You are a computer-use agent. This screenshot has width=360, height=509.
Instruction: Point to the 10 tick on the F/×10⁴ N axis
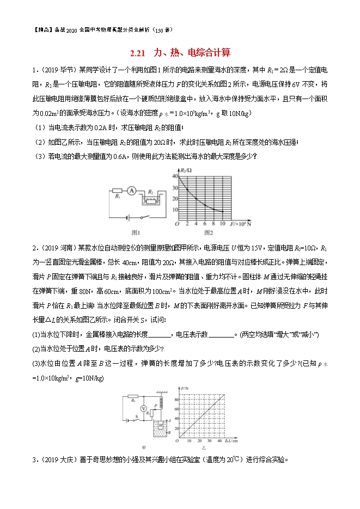222,223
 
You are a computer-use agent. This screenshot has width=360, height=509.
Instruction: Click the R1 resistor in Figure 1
117,191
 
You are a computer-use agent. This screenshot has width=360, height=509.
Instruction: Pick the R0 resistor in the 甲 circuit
134,400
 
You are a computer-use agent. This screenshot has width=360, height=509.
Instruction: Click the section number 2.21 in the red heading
139,53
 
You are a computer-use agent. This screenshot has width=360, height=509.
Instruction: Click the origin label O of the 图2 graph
176,224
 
